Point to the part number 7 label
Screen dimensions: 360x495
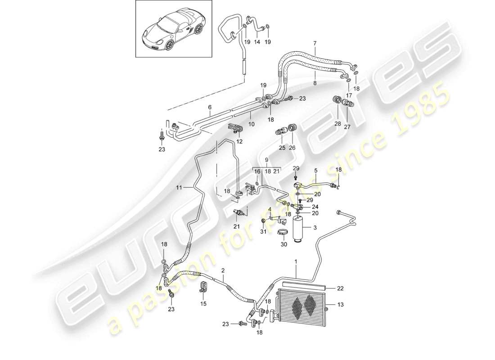click(x=315, y=44)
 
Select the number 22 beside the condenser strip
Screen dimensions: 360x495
click(x=341, y=288)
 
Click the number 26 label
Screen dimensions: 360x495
click(x=292, y=148)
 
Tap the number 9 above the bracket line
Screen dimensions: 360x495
click(x=266, y=160)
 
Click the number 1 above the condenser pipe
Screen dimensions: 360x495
click(x=296, y=261)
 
